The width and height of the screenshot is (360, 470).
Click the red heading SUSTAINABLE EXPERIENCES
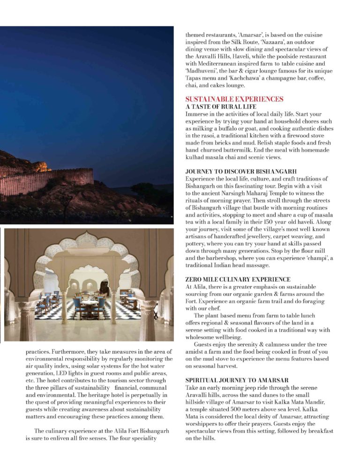(234, 99)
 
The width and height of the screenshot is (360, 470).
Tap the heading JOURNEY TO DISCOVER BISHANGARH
(241, 172)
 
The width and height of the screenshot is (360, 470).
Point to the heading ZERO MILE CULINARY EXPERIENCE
(238, 279)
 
